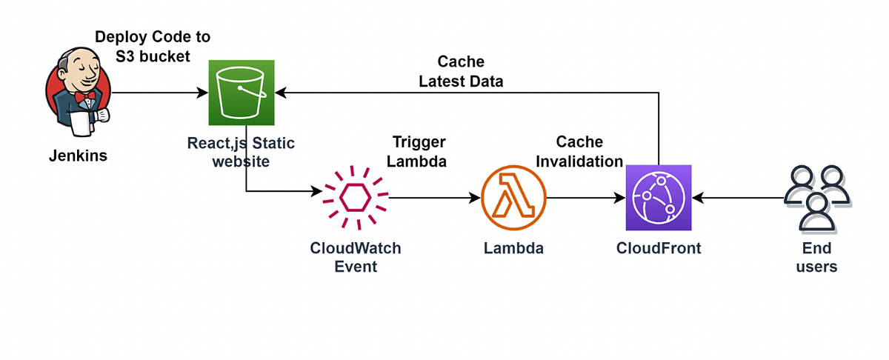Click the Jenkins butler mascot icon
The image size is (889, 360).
[78, 93]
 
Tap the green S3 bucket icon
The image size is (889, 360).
[241, 93]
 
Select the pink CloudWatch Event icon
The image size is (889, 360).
[355, 198]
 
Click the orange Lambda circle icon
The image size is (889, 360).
[513, 198]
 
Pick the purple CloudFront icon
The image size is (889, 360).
[658, 198]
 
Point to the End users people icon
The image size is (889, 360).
[817, 198]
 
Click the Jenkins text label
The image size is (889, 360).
[79, 157]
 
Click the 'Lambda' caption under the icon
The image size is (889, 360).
[513, 248]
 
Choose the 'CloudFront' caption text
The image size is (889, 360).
[658, 248]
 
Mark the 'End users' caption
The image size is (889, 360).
[816, 257]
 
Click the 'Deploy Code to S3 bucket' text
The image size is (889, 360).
[153, 46]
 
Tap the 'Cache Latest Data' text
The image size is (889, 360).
[461, 71]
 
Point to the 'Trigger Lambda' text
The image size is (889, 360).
[419, 151]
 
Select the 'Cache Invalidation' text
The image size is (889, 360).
[579, 151]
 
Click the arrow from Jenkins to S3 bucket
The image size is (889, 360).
[159, 93]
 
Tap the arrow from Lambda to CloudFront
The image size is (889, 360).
[585, 198]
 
